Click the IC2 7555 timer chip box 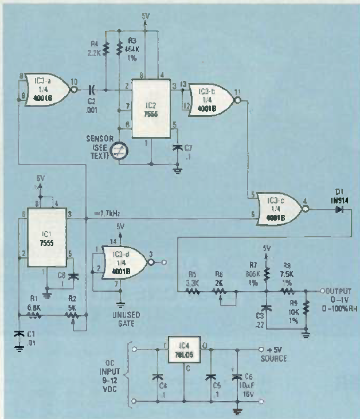coord(150,108)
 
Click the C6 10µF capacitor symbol coord(237,377)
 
